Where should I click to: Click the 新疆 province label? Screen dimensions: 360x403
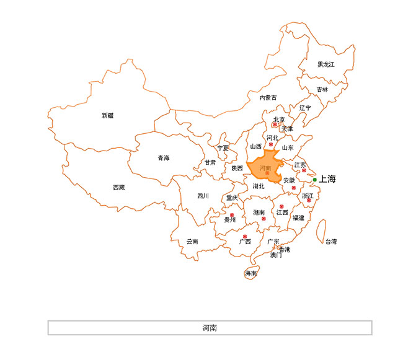[108, 115]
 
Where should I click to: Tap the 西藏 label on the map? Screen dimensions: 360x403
[118, 187]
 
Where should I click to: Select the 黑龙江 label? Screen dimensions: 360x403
[326, 64]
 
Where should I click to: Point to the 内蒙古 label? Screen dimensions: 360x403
[268, 97]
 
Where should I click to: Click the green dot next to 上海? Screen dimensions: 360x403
[315, 180]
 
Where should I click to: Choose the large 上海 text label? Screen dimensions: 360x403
[327, 179]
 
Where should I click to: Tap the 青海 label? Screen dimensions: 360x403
[163, 158]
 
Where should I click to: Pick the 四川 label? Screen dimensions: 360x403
[203, 196]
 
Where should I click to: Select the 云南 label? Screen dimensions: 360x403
[193, 242]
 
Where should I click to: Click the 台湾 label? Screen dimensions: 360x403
[331, 242]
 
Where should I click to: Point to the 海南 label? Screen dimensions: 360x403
[251, 273]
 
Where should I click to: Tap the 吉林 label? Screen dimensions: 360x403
[322, 90]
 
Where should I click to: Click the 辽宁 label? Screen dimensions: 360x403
[306, 108]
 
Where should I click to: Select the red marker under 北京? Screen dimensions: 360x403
[275, 125]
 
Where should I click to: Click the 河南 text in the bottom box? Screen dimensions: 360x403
[210, 328]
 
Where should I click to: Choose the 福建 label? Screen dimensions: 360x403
[299, 217]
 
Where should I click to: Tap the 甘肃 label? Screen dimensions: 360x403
[210, 162]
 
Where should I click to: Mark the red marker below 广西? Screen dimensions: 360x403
[246, 237]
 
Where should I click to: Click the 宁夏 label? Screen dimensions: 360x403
[223, 148]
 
